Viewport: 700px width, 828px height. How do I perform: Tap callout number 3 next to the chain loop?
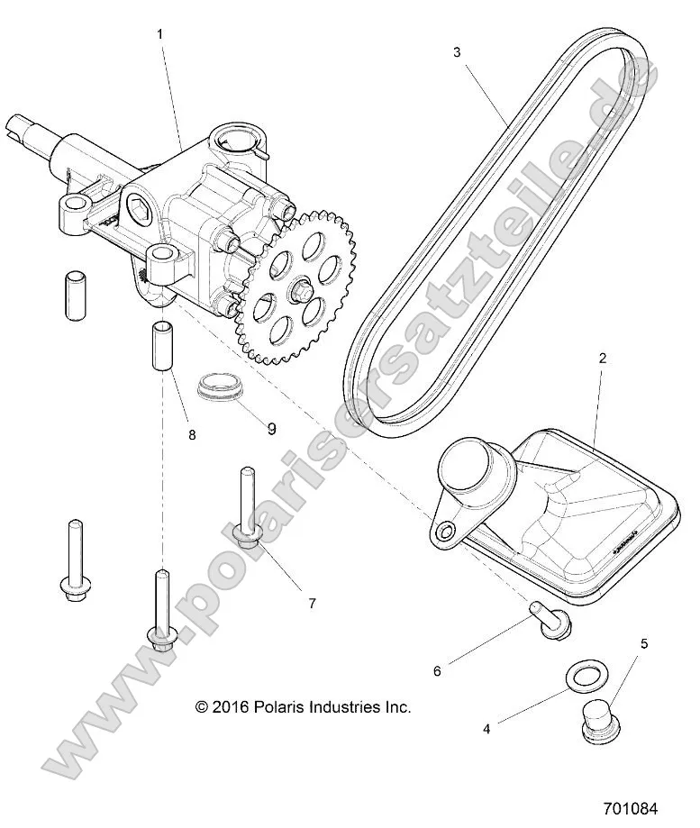[x=457, y=52]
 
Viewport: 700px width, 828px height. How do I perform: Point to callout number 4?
[x=486, y=728]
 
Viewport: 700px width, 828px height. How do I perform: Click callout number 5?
[x=644, y=643]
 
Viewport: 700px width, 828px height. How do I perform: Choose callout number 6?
[x=437, y=670]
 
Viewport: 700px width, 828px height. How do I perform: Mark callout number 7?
[x=312, y=603]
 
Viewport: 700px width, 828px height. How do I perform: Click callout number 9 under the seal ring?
[x=271, y=429]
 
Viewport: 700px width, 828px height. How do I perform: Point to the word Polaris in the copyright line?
[x=271, y=707]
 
